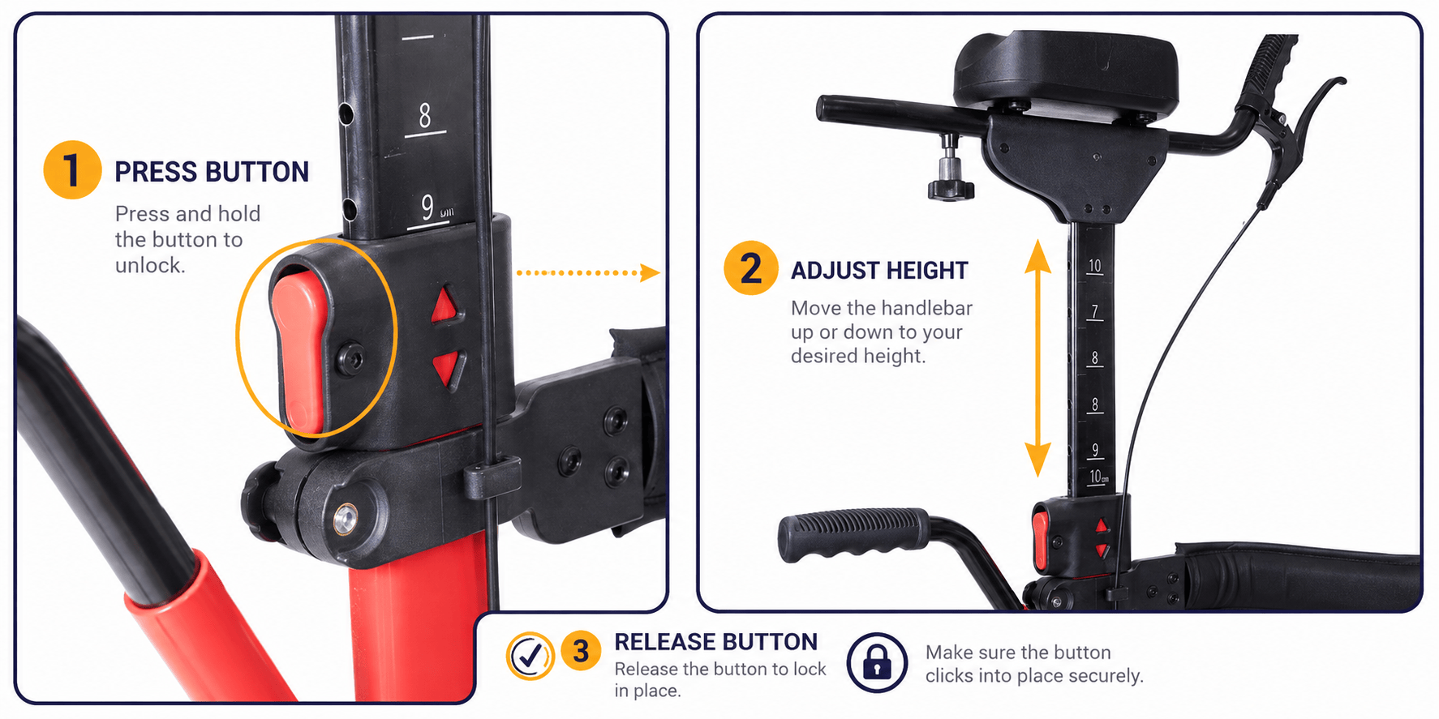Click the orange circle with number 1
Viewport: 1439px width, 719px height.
pyautogui.click(x=72, y=170)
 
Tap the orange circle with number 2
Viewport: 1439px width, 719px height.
pyautogui.click(x=751, y=267)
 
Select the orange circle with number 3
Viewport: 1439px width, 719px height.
pyautogui.click(x=581, y=651)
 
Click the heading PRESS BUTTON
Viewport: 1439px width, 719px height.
pyautogui.click(x=212, y=172)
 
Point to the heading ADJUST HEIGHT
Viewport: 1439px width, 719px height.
pyautogui.click(x=879, y=270)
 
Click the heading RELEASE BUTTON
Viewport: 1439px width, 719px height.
pyautogui.click(x=715, y=642)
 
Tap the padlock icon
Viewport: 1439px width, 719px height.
pyautogui.click(x=877, y=662)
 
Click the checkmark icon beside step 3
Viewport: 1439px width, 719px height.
pyautogui.click(x=530, y=655)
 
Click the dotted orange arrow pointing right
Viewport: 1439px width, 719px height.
pyautogui.click(x=588, y=272)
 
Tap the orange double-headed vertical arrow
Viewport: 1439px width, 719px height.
pyautogui.click(x=1037, y=358)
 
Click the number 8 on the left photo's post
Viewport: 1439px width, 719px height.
pyautogui.click(x=425, y=118)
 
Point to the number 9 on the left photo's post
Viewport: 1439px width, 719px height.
pyautogui.click(x=427, y=208)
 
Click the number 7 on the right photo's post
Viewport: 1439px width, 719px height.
pyautogui.click(x=1095, y=311)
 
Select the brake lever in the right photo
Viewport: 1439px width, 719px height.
pyautogui.click(x=1304, y=134)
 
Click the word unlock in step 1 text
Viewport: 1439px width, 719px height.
pyautogui.click(x=150, y=266)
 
